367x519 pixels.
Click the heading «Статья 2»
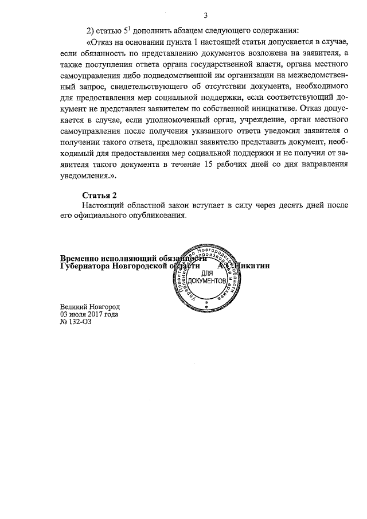pos(100,195)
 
